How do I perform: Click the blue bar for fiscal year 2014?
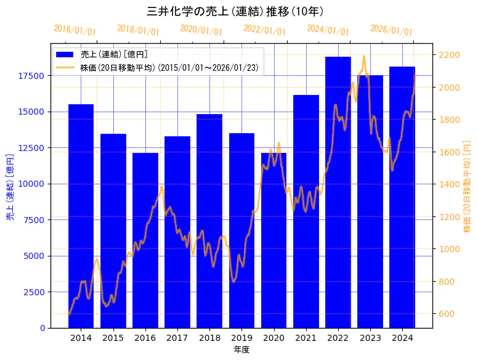tap(81, 216)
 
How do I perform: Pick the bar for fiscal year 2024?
tap(402, 197)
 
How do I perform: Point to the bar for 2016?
tap(145, 240)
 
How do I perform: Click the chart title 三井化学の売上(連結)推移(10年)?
tap(235, 11)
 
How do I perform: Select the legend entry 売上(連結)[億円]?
tap(114, 55)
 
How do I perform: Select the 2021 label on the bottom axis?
tap(306, 338)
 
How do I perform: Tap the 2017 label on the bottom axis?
tap(177, 338)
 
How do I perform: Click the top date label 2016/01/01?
tap(75, 30)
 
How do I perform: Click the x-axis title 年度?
tap(241, 350)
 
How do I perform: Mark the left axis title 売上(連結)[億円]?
tap(10, 186)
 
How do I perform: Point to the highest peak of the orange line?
tap(364, 56)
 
